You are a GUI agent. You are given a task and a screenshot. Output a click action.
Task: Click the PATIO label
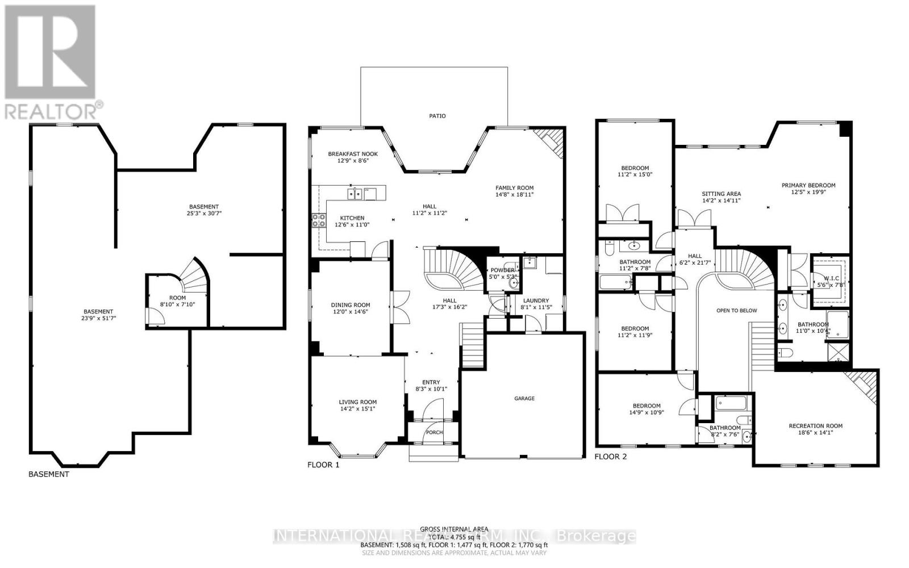(x=437, y=116)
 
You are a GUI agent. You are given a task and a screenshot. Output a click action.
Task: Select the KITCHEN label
(x=352, y=218)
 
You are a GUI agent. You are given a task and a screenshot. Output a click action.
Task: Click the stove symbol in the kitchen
(x=318, y=220)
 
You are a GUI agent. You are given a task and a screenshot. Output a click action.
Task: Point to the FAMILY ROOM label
(x=514, y=188)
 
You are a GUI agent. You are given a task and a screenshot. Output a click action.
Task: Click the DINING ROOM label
(x=351, y=305)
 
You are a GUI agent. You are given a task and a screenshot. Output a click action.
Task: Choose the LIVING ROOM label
(x=357, y=402)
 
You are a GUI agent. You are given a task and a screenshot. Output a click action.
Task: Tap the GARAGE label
(x=524, y=399)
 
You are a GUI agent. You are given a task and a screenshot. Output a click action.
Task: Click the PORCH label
(x=435, y=432)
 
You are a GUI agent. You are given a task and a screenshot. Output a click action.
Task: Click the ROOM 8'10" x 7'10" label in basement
(x=177, y=298)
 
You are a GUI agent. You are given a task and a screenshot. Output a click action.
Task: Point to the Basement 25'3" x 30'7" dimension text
(x=203, y=214)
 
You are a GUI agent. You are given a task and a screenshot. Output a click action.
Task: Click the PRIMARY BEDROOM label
(x=808, y=185)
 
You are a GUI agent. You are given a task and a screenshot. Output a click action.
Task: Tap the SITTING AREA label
(x=721, y=194)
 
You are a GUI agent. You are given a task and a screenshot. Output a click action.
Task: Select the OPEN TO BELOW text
(x=736, y=311)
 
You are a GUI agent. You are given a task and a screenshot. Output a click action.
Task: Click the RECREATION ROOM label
(x=815, y=426)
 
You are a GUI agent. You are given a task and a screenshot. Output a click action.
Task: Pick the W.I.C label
(x=831, y=278)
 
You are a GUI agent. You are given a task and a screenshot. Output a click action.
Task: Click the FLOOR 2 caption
(x=610, y=457)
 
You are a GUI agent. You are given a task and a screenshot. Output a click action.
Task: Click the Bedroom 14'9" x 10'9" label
(x=646, y=406)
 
